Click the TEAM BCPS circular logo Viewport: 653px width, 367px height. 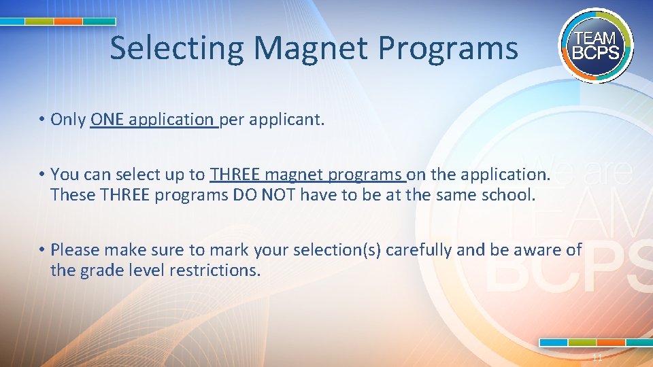coord(596,45)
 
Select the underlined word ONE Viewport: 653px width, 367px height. coord(107,120)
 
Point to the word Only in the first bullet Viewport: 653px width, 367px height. coord(68,120)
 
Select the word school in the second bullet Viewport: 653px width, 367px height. coord(509,195)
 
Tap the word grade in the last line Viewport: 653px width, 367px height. coord(99,270)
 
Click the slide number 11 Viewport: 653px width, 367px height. coord(597,357)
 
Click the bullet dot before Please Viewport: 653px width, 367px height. coord(42,249)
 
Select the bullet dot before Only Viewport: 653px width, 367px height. coord(42,120)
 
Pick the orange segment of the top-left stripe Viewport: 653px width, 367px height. coord(68,22)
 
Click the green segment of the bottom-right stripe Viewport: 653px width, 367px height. coord(582,343)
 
